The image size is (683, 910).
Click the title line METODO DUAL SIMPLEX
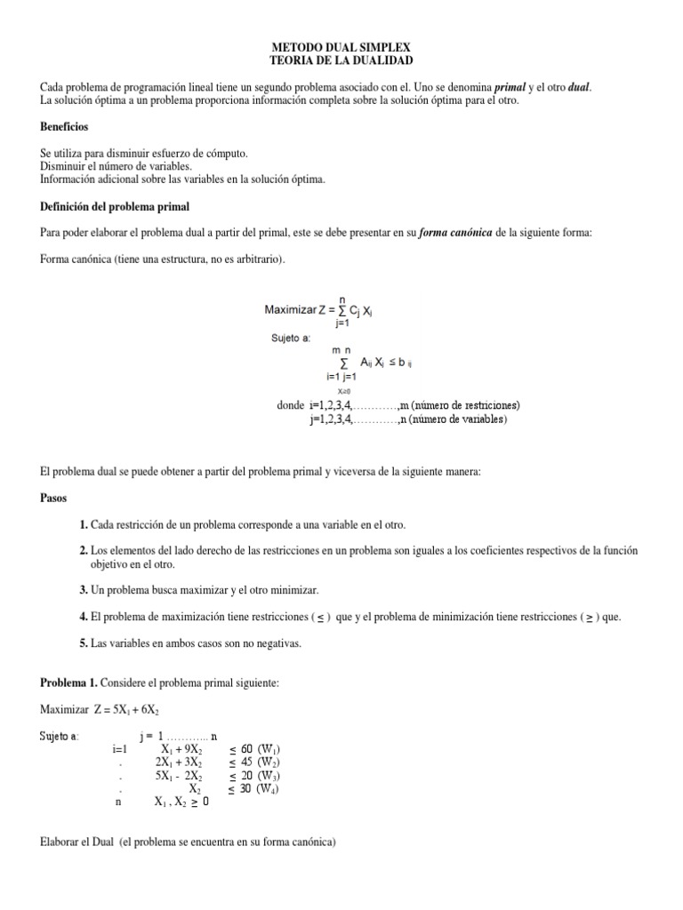(341, 46)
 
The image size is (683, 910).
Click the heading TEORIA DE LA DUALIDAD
(341, 60)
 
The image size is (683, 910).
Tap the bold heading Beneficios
(68, 127)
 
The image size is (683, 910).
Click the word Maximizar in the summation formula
(291, 310)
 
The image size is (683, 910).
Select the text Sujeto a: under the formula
(292, 339)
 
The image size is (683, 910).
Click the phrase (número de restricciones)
(459, 405)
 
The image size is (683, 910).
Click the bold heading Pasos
(55, 499)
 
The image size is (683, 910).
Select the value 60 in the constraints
(248, 749)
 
